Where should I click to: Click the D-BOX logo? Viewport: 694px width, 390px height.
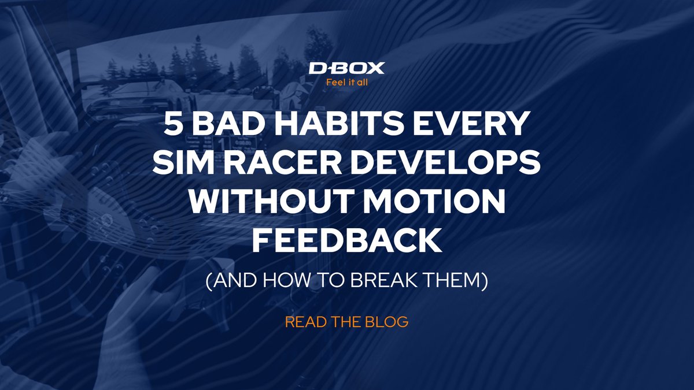(x=346, y=69)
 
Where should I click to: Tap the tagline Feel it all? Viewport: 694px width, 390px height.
(x=346, y=82)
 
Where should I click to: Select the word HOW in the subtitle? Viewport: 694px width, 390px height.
(x=281, y=281)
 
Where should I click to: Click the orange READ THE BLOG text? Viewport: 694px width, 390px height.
(x=346, y=322)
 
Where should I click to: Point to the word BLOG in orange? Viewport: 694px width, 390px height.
(x=390, y=322)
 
